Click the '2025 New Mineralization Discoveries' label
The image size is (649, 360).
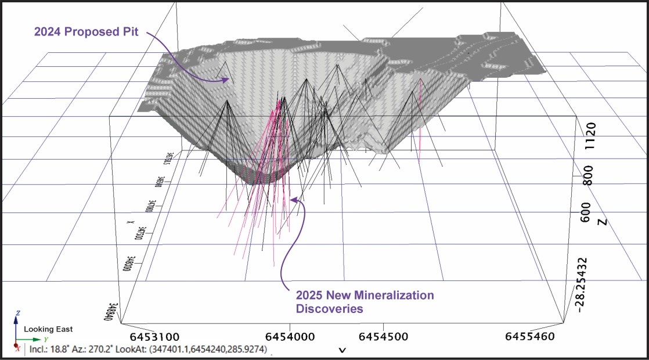click(x=365, y=302)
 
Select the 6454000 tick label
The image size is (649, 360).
click(x=290, y=337)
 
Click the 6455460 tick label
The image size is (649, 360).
click(x=530, y=337)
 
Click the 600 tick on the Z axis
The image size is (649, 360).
click(x=586, y=211)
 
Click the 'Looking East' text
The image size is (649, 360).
click(x=48, y=329)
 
